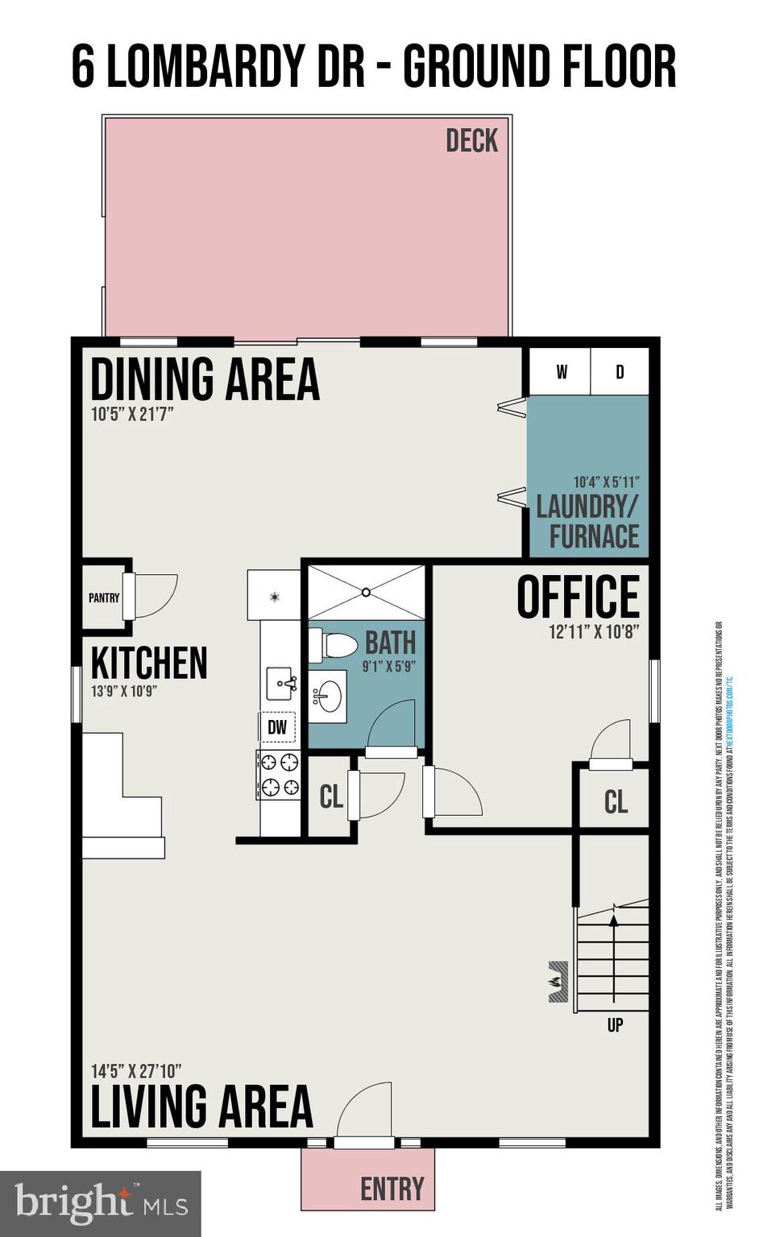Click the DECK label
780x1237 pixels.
[x=471, y=141]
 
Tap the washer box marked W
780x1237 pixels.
[x=561, y=371]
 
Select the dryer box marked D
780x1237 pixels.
[x=620, y=371]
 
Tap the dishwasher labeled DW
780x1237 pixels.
[x=276, y=728]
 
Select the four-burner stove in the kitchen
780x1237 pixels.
[x=278, y=775]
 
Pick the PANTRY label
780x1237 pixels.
[x=104, y=598]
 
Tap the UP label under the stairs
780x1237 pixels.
[x=615, y=1025]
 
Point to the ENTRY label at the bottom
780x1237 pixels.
[x=392, y=1189]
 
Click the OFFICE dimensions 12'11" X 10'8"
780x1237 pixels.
[x=594, y=632]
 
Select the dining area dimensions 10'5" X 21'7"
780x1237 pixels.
[x=132, y=415]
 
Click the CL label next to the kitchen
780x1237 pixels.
[x=331, y=797]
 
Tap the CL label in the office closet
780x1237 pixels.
[x=616, y=801]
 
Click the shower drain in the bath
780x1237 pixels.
[x=366, y=592]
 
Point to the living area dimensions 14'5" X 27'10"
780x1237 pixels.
[x=135, y=1071]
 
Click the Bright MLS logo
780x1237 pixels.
[x=101, y=1203]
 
